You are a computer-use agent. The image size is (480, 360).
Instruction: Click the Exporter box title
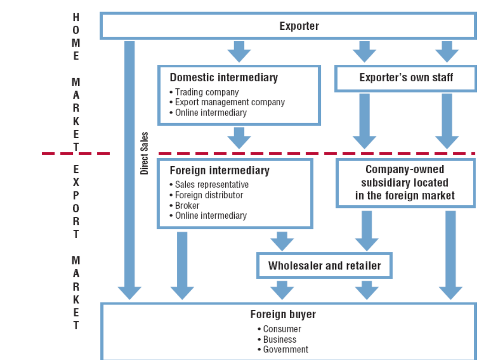299,26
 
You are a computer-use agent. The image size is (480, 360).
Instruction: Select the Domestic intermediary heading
224,77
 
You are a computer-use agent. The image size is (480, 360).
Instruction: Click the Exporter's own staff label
406,77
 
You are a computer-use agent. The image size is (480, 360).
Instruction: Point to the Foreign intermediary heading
220,170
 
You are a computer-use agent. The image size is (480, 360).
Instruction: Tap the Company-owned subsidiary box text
405,182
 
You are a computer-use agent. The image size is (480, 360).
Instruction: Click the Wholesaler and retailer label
324,266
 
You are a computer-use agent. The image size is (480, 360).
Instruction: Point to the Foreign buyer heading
283,314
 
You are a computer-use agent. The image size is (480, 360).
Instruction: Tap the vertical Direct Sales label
144,153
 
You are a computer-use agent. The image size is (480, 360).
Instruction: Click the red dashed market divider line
107,153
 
